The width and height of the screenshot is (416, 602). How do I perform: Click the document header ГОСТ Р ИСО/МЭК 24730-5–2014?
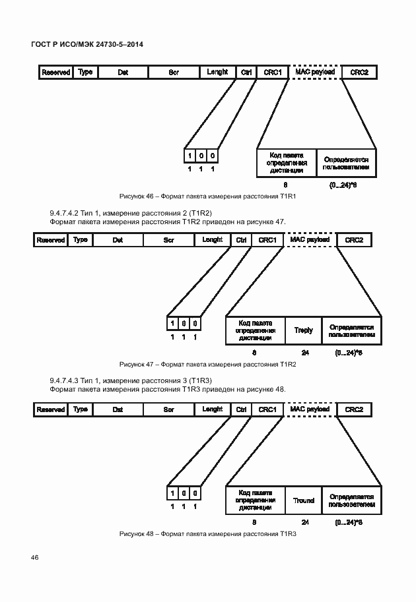(87, 44)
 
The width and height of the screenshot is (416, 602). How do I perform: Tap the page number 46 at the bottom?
(34, 557)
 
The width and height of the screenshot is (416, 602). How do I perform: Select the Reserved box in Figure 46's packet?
(55, 72)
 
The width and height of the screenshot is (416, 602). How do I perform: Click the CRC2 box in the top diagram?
(359, 72)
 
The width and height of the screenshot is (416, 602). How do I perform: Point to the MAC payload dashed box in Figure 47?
(310, 240)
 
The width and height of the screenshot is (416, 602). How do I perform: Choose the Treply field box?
(303, 330)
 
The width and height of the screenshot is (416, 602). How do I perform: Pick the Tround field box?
(303, 500)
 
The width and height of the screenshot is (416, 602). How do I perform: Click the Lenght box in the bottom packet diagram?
(212, 409)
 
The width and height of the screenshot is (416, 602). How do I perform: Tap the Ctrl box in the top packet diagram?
(246, 72)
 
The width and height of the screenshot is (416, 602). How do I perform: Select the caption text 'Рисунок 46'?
(137, 196)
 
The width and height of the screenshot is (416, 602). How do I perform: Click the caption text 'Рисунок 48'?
(137, 533)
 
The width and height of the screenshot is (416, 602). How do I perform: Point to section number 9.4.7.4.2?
(64, 213)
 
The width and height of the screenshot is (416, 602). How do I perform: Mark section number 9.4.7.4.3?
(64, 381)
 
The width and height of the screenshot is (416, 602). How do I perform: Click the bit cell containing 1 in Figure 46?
(190, 156)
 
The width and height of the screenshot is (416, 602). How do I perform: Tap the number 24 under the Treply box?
(305, 353)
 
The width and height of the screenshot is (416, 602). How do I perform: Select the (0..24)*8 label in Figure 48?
(349, 522)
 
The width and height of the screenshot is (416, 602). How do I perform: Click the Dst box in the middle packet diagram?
(118, 240)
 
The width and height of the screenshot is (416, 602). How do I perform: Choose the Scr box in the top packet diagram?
(174, 72)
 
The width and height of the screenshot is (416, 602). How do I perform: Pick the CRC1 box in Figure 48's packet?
(267, 409)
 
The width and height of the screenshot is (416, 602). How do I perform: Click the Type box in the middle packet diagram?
(80, 240)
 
